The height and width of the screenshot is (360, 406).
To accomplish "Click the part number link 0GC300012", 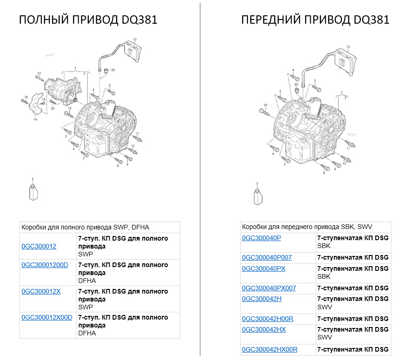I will coord(39,246).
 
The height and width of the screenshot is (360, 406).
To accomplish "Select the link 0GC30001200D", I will coord(45,265).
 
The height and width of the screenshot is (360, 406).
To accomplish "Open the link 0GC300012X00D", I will coord(47,317).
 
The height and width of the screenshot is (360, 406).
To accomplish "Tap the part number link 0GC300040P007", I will coord(266,257).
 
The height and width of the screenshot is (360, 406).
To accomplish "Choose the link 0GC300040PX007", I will coord(269,288).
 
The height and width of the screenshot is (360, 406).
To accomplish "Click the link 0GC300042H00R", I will coord(267,319).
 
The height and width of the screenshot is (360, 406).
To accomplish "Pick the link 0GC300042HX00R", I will coord(269,349).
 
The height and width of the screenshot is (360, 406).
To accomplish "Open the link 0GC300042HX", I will coord(264,329).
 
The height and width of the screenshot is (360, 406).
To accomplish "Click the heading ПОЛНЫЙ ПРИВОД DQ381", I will coord(88,20).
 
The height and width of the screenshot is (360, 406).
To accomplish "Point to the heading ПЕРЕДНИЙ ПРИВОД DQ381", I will coord(315,20).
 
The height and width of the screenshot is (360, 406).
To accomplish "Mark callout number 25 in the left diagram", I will coord(113,70).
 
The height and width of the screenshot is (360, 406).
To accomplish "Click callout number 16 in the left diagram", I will coord(26,96).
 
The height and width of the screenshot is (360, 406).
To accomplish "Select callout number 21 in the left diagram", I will coord(40,73).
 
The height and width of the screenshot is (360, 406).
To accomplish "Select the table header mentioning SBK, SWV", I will coord(307,227).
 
